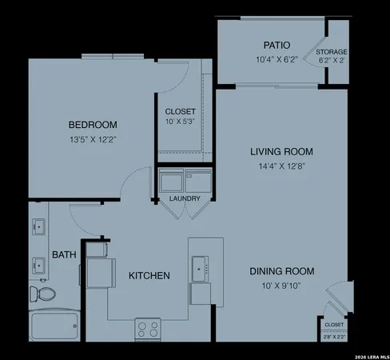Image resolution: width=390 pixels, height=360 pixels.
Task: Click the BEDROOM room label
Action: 93,125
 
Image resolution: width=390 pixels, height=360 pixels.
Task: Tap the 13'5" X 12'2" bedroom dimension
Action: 93,140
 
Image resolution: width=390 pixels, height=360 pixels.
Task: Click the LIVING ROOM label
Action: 281,151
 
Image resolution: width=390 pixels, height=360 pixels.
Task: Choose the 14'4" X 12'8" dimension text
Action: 281,166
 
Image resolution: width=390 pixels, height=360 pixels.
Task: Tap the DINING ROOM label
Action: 281,270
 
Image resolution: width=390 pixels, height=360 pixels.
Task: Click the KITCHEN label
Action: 149,276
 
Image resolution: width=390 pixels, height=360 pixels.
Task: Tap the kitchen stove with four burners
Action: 147,328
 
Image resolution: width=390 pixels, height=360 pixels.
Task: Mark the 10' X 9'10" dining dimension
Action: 281,286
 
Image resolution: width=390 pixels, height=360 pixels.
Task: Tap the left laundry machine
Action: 171,182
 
